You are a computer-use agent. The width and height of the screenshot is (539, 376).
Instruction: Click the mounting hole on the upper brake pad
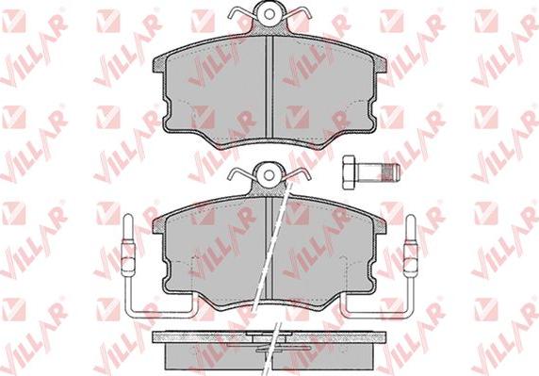point(269,14)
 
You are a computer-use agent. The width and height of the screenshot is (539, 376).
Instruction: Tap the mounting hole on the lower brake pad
point(269,175)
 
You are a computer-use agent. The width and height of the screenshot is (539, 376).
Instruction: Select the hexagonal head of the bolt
point(349,172)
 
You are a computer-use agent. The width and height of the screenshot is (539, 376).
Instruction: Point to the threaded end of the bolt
point(392,172)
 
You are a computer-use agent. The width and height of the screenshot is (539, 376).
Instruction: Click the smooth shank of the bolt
point(368,172)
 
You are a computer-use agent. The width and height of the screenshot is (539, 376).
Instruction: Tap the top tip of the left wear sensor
point(127,215)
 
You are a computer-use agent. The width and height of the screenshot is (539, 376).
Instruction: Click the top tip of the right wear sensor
point(410,216)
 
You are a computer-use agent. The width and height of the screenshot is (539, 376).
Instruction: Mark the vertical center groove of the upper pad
point(269,87)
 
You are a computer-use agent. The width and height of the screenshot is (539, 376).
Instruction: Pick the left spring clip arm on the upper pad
point(242,13)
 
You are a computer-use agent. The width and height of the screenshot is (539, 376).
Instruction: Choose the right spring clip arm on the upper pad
point(297,13)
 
